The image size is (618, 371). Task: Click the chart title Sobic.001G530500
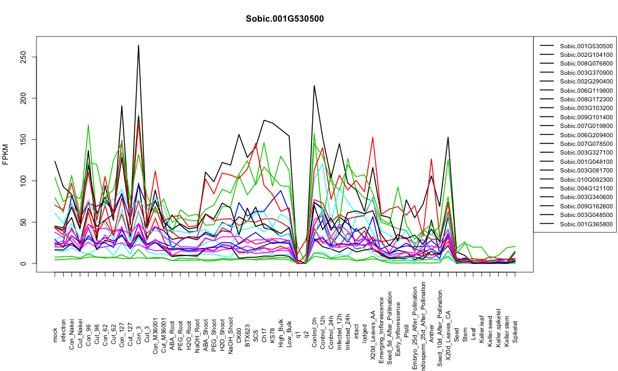click(x=284, y=19)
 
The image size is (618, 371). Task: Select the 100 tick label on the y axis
click(x=25, y=181)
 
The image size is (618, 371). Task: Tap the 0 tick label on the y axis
click(x=25, y=264)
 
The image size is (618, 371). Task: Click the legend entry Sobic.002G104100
click(x=586, y=55)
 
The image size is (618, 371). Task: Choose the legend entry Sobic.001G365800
click(x=586, y=224)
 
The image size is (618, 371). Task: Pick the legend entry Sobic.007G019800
click(x=586, y=126)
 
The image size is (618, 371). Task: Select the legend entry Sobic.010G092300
click(x=586, y=179)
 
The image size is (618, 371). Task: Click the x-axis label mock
click(x=55, y=336)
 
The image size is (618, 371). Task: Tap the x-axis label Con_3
click(x=138, y=332)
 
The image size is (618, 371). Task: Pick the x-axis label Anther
click(x=431, y=333)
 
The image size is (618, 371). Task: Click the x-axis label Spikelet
click(x=515, y=331)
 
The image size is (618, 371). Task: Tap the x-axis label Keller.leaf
click(x=481, y=329)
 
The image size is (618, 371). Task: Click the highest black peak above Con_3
click(x=138, y=45)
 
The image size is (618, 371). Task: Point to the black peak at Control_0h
click(x=314, y=85)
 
